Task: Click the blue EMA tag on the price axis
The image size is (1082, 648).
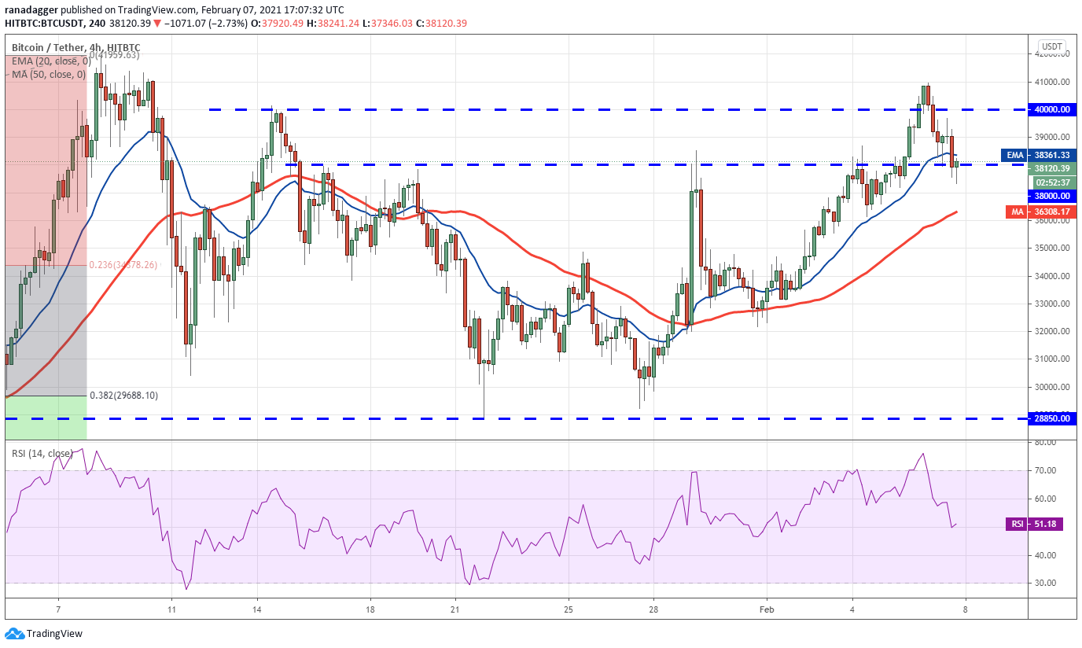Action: pos(1014,156)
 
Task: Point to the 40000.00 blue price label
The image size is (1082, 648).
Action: pos(1053,110)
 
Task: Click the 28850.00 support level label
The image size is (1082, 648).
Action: pos(1053,419)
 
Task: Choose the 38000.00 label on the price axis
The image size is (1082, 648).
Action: pos(1053,196)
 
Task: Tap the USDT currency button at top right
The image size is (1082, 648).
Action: pos(1052,47)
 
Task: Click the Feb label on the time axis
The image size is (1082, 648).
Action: pos(767,609)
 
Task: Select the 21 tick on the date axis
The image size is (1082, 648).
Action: pos(455,609)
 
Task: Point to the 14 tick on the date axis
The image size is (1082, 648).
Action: pos(256,609)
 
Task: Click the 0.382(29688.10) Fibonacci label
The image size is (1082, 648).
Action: pos(123,396)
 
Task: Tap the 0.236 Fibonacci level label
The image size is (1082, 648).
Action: pos(123,265)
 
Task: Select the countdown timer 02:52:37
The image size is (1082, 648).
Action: pos(1053,182)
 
